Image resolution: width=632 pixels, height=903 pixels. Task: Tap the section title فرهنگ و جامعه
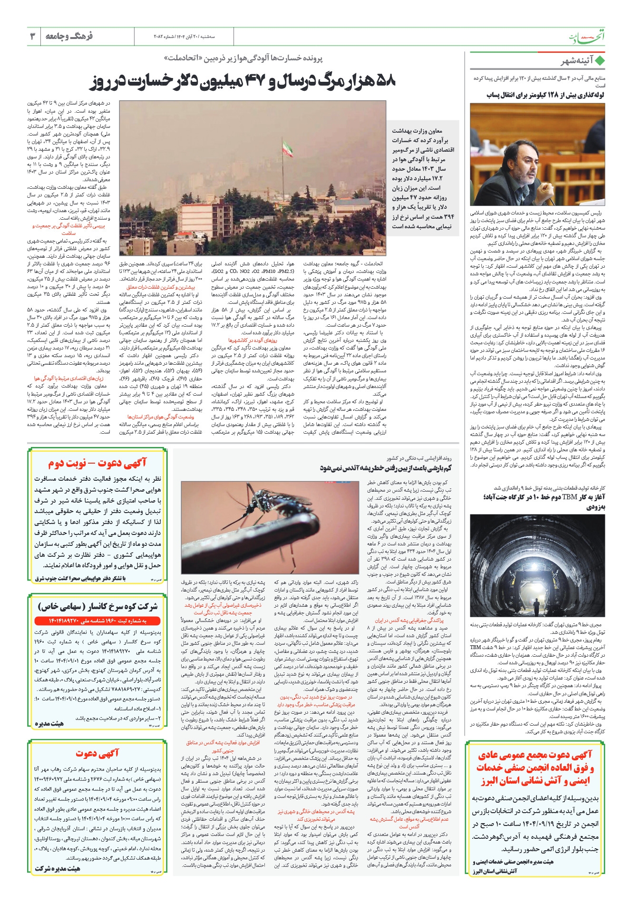[69, 36]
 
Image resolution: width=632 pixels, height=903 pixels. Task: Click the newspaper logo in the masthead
[587, 37]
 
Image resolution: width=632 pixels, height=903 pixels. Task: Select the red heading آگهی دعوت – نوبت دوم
[97, 463]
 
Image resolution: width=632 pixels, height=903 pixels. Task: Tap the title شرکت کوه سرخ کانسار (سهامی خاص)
[97, 606]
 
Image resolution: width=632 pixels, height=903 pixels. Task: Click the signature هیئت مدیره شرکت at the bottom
[57, 868]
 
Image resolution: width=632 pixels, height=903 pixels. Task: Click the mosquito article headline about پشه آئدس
[385, 468]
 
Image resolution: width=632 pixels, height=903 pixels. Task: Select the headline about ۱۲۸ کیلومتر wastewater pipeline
[545, 95]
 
